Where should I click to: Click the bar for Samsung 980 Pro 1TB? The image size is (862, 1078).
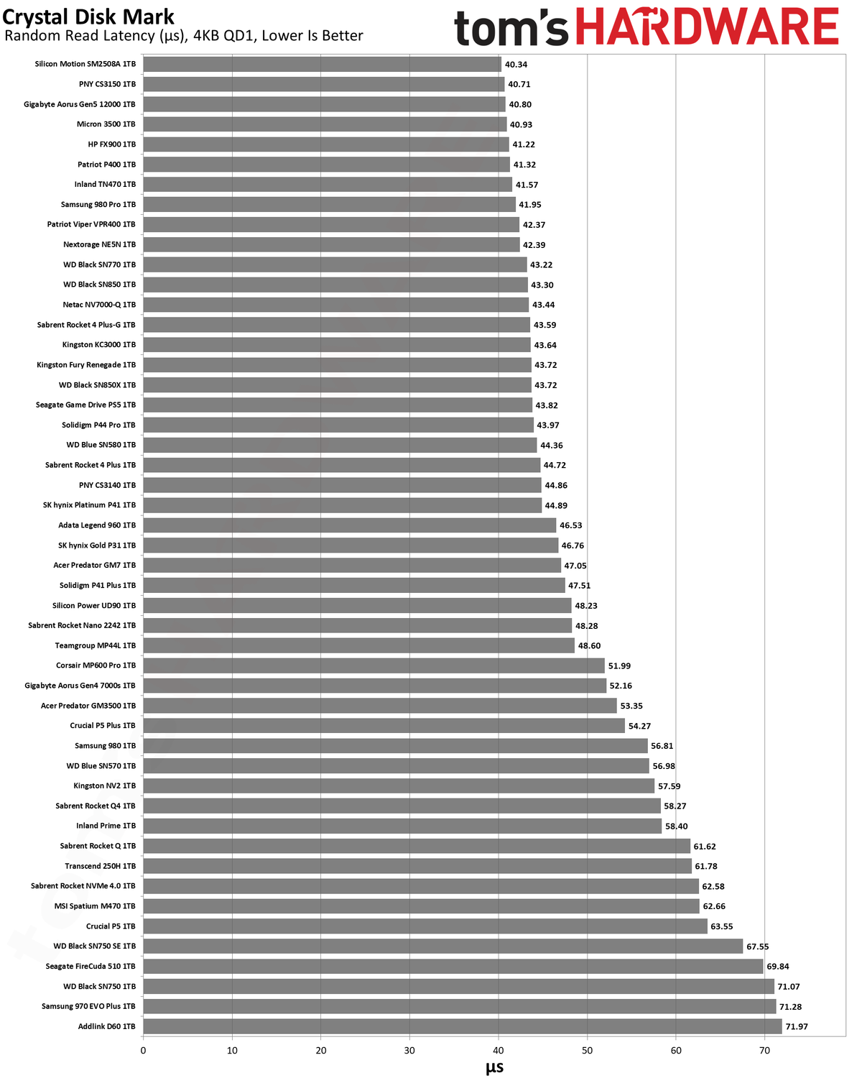tap(329, 204)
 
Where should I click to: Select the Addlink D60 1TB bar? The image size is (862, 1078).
tap(463, 1026)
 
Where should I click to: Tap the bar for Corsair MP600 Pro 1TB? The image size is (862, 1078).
tap(374, 665)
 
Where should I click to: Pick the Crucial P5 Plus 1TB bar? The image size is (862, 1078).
tap(384, 725)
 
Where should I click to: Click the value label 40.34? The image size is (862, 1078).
tap(516, 65)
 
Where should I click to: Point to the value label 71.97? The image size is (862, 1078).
tap(797, 1026)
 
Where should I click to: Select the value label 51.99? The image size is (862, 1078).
tap(619, 665)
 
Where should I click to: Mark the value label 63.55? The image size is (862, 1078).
tap(721, 926)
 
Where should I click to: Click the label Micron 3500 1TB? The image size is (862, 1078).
tap(106, 124)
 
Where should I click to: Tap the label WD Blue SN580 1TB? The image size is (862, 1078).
tap(101, 445)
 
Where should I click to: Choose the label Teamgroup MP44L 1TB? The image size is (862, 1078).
tap(95, 645)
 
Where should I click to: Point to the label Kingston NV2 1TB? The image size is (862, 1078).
tap(105, 786)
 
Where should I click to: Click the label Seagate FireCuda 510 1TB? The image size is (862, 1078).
tap(91, 966)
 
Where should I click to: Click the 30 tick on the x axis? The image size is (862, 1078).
tap(409, 1051)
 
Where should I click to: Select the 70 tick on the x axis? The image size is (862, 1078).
tap(764, 1051)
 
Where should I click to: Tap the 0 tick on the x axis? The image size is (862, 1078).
tap(143, 1051)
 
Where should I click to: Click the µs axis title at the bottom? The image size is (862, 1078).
tap(494, 1067)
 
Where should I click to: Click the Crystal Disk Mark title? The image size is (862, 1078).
tap(88, 17)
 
